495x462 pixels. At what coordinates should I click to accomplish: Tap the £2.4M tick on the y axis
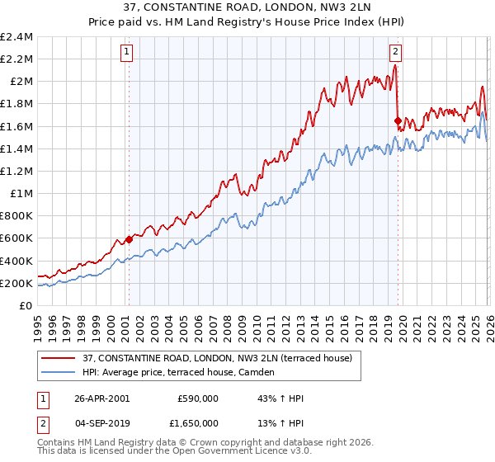(16, 37)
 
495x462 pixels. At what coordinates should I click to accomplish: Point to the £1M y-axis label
(21, 194)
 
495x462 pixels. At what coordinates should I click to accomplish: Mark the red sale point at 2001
(130, 240)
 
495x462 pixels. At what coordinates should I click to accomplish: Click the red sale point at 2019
(398, 120)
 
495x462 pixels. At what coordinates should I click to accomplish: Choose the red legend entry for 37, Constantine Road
(217, 358)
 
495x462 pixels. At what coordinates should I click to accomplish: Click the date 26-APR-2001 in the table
(102, 398)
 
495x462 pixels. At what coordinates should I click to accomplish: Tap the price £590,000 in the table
(198, 398)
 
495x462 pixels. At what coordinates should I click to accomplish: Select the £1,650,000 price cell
(195, 425)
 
